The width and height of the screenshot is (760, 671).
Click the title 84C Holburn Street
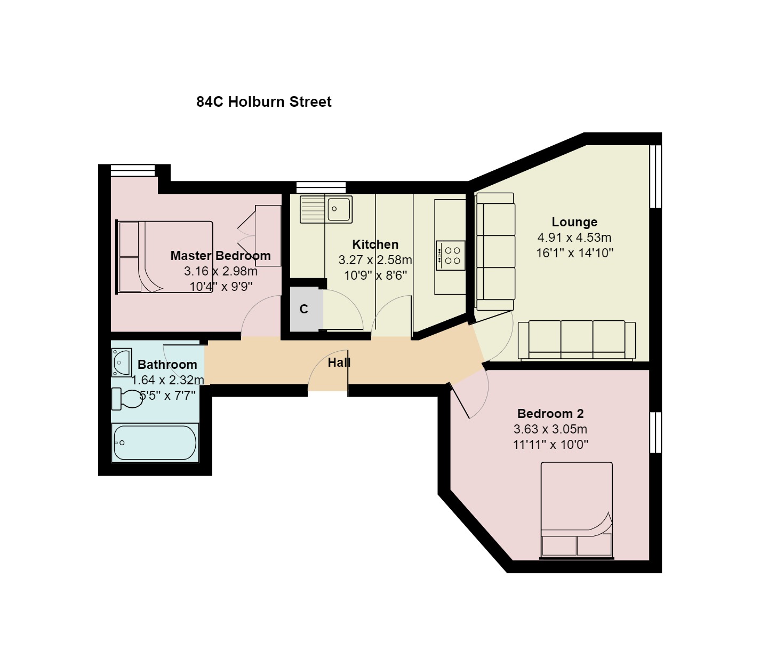(263, 102)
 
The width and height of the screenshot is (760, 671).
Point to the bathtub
(155, 443)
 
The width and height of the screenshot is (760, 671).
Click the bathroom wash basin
(121, 362)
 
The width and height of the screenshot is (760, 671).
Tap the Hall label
(339, 363)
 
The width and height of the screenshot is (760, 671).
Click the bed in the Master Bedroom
(165, 257)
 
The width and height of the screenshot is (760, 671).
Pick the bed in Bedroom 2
(577, 510)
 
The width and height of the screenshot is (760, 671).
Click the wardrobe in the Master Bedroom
(268, 235)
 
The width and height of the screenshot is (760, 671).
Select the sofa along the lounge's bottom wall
(577, 340)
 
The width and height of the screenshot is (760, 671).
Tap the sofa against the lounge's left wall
(495, 251)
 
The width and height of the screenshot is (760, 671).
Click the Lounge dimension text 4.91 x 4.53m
(574, 238)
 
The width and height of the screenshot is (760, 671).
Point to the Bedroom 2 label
(550, 414)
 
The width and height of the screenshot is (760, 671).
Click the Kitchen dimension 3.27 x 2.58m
(375, 260)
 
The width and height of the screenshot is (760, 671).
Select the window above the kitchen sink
(321, 187)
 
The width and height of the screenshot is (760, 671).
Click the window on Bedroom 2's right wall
(655, 432)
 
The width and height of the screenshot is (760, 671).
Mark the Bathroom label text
(167, 365)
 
